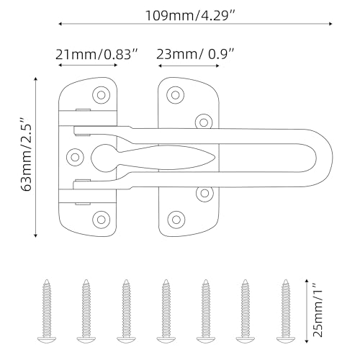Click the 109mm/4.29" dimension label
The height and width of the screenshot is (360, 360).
[x=190, y=16]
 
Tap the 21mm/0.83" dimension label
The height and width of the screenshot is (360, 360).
[x=97, y=55]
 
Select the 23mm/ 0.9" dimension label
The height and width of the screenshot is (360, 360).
[x=195, y=54]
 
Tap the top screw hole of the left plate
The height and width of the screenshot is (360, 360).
[x=102, y=95]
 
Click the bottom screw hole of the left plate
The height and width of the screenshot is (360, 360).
[x=101, y=220]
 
